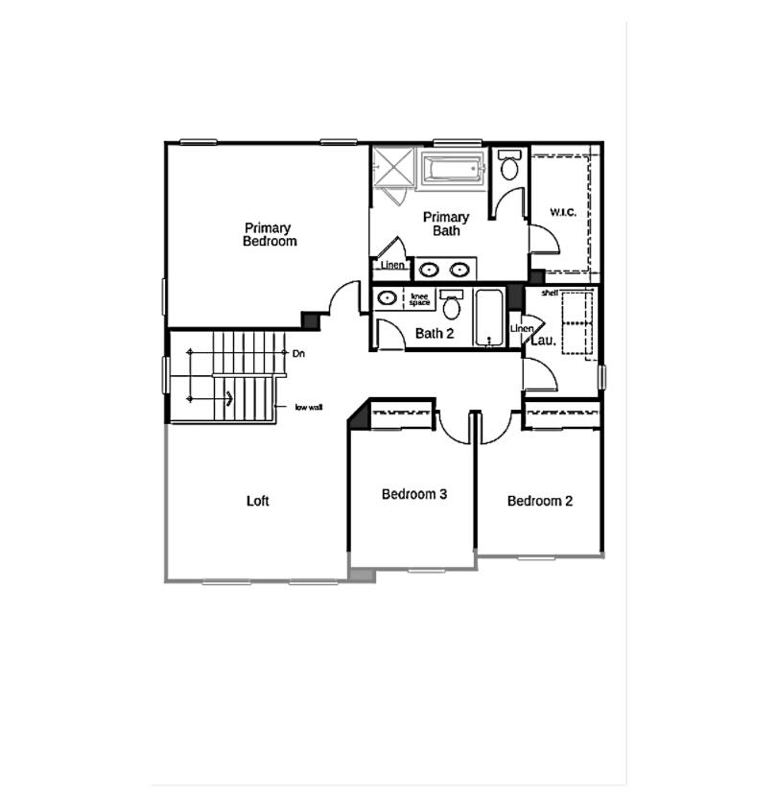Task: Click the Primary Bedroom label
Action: [269, 235]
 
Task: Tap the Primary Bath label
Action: [446, 224]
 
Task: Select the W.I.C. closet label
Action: [562, 212]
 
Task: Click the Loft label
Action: [257, 501]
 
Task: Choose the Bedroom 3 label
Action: [414, 495]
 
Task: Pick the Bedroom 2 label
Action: [540, 501]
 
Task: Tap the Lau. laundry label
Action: [543, 340]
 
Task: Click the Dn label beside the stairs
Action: [298, 354]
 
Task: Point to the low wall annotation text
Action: [308, 407]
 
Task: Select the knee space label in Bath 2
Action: [420, 299]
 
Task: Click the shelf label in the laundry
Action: [550, 293]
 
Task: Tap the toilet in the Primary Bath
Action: [509, 167]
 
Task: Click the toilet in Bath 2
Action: [451, 306]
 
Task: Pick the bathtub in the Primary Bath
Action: [453, 171]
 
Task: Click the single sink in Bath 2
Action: [387, 298]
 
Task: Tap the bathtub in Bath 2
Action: [489, 317]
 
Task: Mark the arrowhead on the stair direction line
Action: [228, 398]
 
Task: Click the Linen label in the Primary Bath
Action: [389, 266]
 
